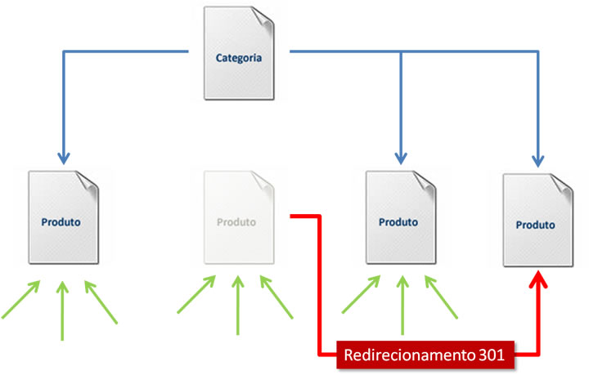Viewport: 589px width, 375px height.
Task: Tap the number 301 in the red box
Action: pyautogui.click(x=498, y=355)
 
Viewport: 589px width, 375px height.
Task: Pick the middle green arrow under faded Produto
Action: pyautogui.click(x=237, y=306)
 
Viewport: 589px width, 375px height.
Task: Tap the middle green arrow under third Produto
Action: pyautogui.click(x=401, y=306)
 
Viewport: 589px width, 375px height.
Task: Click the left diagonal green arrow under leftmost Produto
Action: pyautogui.click(x=21, y=300)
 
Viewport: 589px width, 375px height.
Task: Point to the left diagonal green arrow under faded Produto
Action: pyautogui.click(x=197, y=295)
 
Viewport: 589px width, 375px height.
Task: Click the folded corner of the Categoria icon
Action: pyautogui.click(x=260, y=17)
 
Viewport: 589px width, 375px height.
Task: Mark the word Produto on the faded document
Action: pyautogui.click(x=236, y=221)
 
